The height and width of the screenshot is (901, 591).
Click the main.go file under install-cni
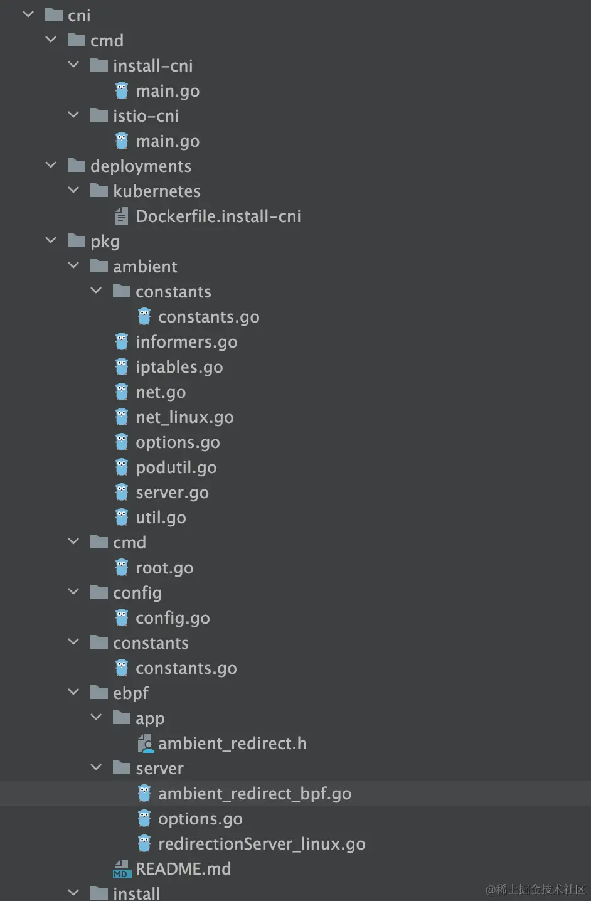click(167, 91)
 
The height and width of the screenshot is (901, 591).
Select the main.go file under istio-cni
click(167, 141)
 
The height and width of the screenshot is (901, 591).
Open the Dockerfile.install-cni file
click(218, 216)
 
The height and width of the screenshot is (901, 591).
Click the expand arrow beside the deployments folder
click(51, 166)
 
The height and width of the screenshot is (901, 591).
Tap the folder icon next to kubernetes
click(99, 191)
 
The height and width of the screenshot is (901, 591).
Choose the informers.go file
click(186, 342)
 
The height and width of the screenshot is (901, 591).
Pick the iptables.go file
click(179, 367)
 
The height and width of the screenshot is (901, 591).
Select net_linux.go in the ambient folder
click(184, 417)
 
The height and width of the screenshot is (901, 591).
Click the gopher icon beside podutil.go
click(122, 467)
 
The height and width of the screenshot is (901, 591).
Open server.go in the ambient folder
click(172, 493)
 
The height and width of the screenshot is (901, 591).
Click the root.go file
click(164, 568)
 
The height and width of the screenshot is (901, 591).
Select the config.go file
click(173, 618)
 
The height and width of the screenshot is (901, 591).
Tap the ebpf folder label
click(130, 693)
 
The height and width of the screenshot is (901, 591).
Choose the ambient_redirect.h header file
click(232, 744)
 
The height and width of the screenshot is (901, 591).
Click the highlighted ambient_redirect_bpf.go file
click(254, 794)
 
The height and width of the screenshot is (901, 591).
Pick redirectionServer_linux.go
click(261, 844)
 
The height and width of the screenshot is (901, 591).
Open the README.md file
click(183, 869)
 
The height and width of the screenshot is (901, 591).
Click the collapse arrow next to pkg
click(51, 241)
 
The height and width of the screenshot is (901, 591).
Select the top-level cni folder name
click(79, 16)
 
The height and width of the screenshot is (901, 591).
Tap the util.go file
click(161, 518)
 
